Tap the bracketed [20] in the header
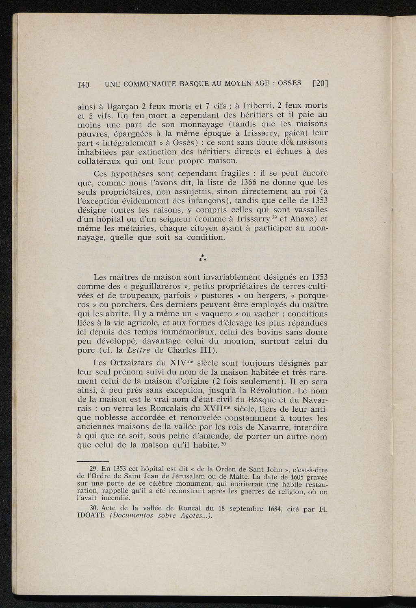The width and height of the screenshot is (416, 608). pyautogui.click(x=320, y=84)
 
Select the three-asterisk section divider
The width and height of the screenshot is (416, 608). pyautogui.click(x=202, y=257)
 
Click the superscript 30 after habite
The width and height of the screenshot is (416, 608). pyautogui.click(x=222, y=444)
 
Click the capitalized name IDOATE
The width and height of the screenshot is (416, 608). pyautogui.click(x=90, y=516)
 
